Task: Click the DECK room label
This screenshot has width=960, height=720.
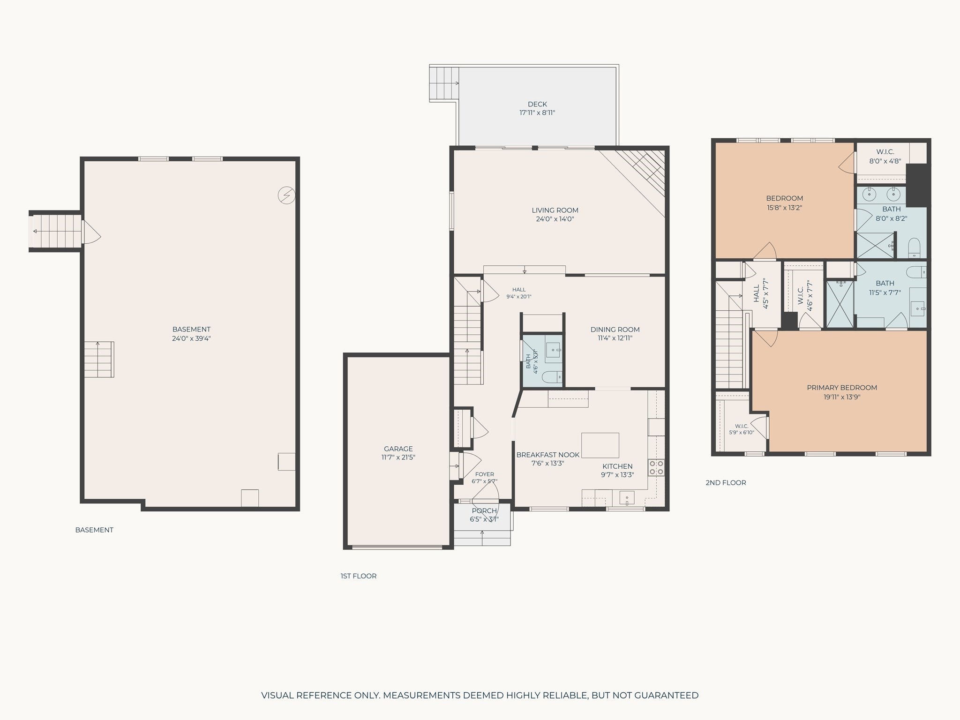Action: click(537, 104)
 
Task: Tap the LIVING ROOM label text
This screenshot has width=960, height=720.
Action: click(555, 210)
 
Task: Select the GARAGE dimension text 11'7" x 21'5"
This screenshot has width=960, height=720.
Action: click(398, 457)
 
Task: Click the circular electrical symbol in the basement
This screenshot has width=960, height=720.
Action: click(286, 195)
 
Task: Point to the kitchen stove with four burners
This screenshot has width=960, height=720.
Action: click(656, 468)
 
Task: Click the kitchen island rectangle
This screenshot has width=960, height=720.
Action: click(600, 445)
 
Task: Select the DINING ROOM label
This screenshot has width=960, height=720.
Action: click(615, 330)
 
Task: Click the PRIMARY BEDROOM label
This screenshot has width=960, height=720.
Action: click(842, 388)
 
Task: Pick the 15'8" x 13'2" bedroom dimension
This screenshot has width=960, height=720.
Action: click(784, 207)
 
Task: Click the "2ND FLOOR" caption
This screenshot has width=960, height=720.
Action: click(726, 482)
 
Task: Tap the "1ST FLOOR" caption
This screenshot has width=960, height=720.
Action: click(359, 576)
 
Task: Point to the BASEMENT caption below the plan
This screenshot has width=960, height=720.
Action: click(94, 530)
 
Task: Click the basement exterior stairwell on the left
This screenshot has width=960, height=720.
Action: click(55, 231)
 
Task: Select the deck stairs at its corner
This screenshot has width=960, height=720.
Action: click(444, 83)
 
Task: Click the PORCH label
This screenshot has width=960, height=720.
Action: click(484, 511)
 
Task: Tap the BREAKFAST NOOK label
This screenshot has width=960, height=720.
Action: click(547, 455)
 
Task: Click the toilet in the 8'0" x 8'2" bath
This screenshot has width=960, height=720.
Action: click(915, 247)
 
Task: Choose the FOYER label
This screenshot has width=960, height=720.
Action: click(484, 474)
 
